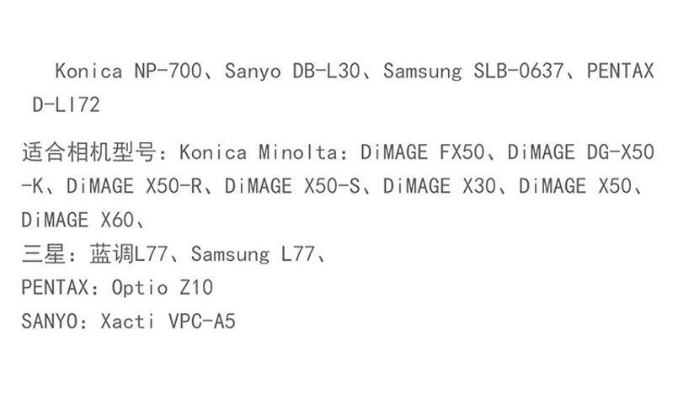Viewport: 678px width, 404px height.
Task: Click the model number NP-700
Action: [168, 71]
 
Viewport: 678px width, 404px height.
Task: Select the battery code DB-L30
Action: [326, 71]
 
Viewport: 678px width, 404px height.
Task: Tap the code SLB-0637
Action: [519, 71]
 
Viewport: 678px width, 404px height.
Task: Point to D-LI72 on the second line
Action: [67, 104]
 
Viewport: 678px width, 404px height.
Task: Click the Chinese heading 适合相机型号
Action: [89, 152]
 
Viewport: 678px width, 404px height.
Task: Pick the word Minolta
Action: [298, 152]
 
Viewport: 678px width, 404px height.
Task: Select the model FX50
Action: [462, 152]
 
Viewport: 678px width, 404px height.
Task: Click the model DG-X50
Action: [620, 152]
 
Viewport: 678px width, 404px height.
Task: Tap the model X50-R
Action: [174, 186]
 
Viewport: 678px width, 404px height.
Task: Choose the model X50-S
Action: [332, 186]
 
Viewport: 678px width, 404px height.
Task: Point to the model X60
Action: [117, 220]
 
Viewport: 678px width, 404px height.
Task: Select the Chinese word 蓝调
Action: [111, 253]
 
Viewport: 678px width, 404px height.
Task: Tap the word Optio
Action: [140, 287]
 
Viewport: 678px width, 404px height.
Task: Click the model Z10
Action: [196, 287]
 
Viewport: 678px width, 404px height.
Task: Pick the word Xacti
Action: [127, 321]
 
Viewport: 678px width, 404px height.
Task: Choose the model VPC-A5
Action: [202, 321]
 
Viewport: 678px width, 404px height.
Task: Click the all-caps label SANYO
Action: [50, 321]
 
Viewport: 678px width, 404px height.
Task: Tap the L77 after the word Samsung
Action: [298, 253]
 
